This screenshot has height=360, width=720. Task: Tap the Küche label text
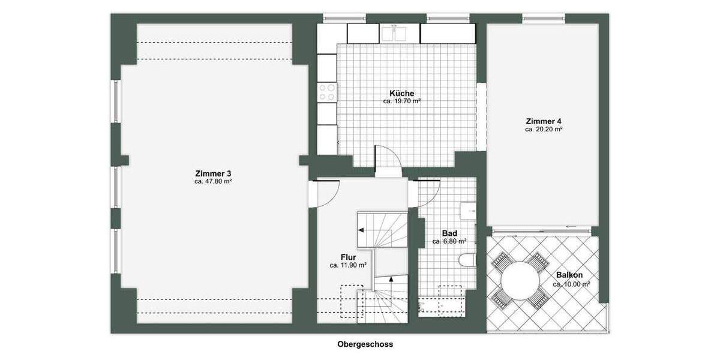[x=401, y=94]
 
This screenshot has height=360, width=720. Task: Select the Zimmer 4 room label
[x=544, y=121]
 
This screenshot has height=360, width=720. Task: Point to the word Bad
[x=450, y=233]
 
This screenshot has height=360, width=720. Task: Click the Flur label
[x=348, y=257]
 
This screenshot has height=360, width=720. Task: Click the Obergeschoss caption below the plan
[x=365, y=344]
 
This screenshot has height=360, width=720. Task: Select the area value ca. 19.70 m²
[x=401, y=102]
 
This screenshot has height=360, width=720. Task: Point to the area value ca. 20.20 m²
[x=544, y=129]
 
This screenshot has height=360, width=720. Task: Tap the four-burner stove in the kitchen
[x=327, y=92]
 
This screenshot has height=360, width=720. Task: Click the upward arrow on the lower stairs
[x=391, y=279]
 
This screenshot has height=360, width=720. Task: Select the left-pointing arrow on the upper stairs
[x=361, y=229]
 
